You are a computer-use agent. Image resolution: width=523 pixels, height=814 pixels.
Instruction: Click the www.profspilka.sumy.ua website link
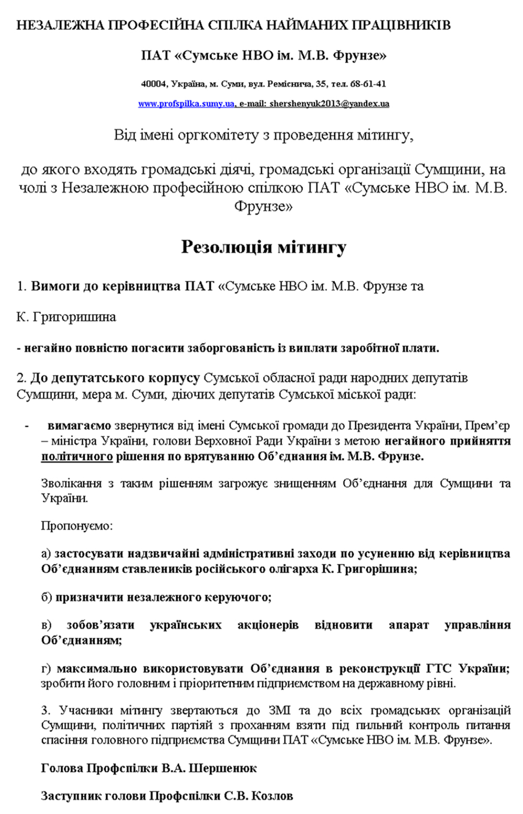point(186,104)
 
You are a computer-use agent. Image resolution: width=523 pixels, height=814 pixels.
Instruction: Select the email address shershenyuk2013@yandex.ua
point(329,104)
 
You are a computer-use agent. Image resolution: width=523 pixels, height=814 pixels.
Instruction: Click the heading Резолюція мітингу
point(264,247)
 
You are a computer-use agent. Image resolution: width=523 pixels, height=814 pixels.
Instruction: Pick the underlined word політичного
point(77,456)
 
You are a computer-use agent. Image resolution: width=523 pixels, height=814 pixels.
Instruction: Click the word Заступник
point(66,796)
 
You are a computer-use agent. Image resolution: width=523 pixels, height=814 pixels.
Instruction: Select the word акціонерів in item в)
point(268,625)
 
